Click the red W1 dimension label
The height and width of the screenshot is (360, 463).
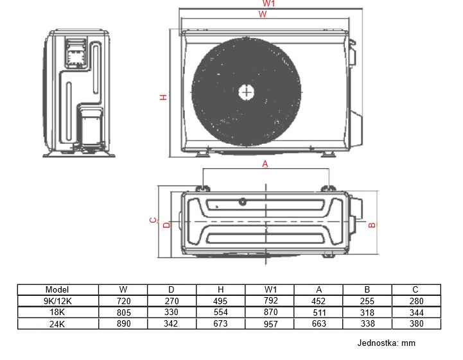coord(268,3)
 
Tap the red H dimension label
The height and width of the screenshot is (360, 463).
coord(163,97)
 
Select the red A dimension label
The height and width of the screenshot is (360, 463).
coord(265,164)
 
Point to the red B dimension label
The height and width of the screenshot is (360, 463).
coord(372,225)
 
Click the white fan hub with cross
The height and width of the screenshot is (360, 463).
coord(247,92)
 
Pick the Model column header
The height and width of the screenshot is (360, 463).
coord(57,289)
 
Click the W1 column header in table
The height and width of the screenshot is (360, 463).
coord(270,289)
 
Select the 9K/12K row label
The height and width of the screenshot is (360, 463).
coord(58,301)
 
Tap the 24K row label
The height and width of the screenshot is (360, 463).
coord(57,324)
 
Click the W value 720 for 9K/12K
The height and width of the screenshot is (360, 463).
coord(123,301)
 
